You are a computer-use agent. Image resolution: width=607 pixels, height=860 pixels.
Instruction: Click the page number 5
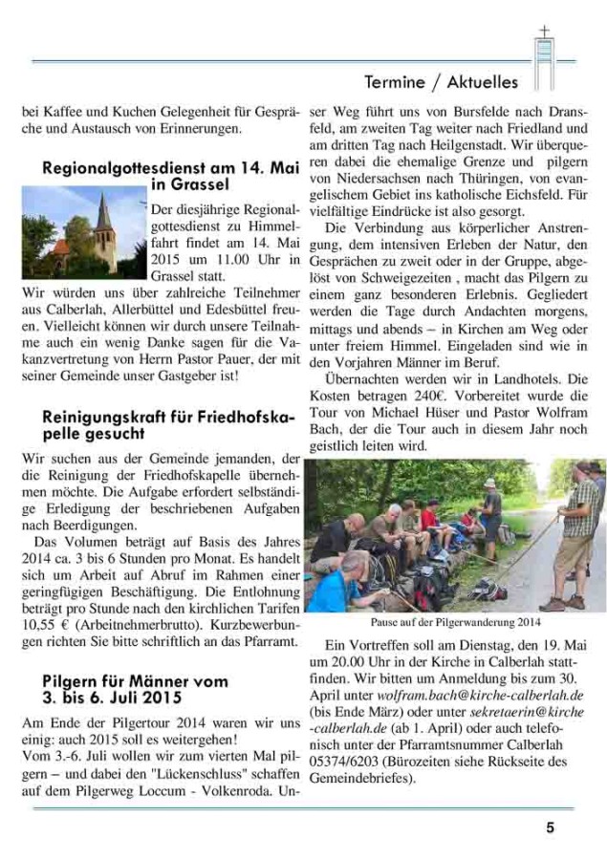550,828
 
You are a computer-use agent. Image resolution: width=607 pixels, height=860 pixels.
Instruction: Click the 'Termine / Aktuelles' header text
441,81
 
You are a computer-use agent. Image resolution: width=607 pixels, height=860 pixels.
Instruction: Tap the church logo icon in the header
544,55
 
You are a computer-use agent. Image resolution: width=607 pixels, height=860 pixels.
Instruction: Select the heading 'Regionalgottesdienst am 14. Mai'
171,167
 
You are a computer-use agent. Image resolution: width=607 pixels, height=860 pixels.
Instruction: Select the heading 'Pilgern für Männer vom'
135,680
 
